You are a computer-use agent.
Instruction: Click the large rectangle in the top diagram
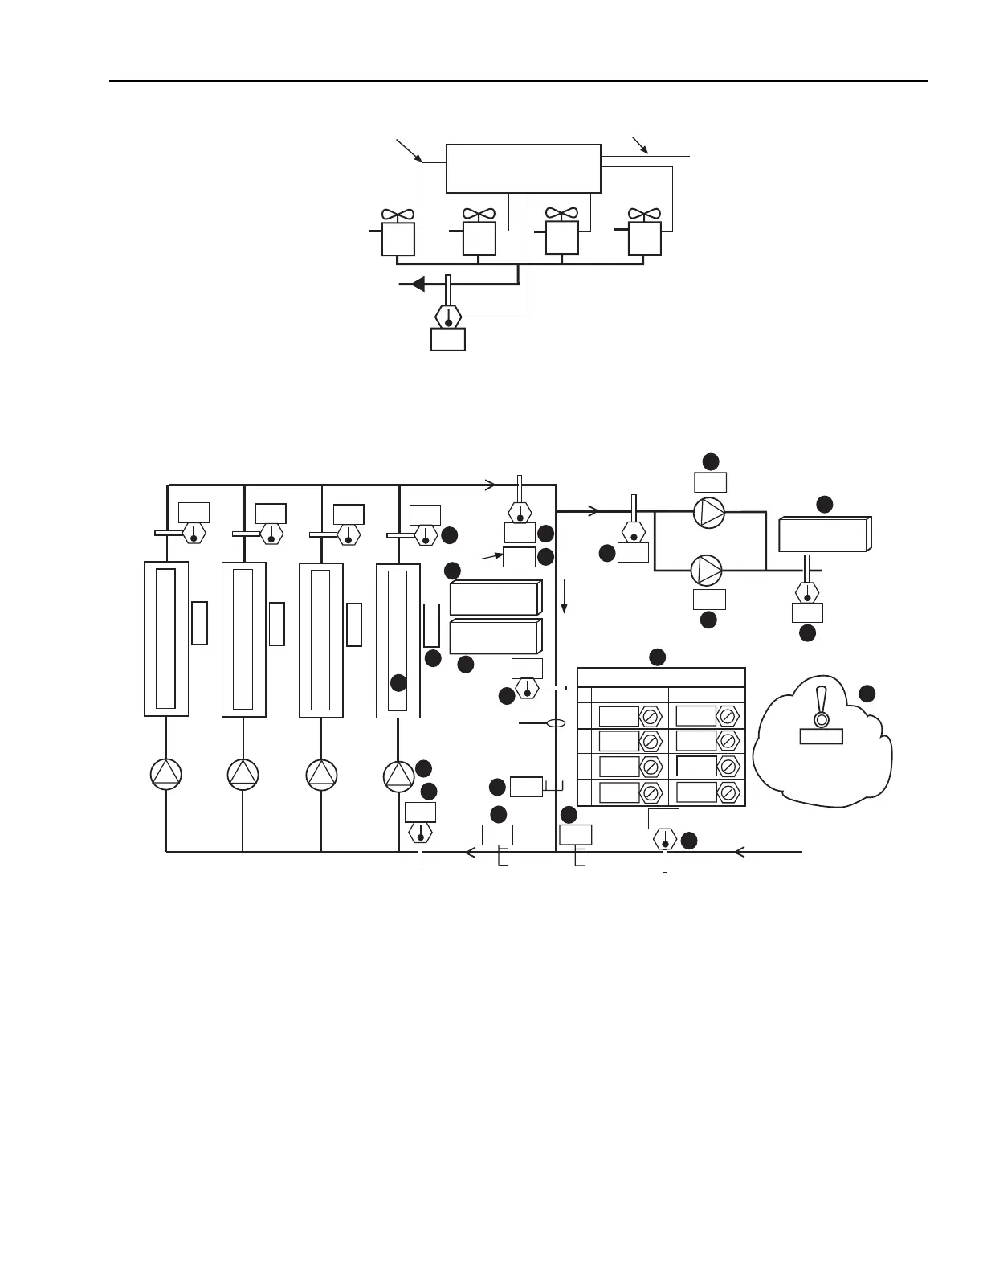click(523, 169)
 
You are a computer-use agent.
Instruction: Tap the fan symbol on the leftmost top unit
click(398, 215)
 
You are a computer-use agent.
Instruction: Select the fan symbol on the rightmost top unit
click(644, 215)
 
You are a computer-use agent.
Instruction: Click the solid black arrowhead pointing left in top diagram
click(417, 284)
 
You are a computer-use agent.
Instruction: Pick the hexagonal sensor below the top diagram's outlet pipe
click(448, 315)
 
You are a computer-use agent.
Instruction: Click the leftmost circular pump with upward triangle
click(166, 774)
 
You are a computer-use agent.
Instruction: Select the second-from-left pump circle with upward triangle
click(243, 774)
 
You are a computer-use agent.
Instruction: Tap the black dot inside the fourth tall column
click(398, 683)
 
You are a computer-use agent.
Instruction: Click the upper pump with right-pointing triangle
click(709, 512)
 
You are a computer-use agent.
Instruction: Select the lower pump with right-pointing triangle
click(707, 570)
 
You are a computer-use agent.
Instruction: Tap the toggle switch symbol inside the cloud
click(821, 709)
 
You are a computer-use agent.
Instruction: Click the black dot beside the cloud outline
click(867, 694)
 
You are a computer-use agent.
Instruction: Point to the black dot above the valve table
click(657, 657)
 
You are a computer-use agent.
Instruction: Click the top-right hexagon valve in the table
click(728, 715)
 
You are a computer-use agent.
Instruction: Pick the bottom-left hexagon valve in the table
click(651, 793)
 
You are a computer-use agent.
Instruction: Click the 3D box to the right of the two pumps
click(825, 534)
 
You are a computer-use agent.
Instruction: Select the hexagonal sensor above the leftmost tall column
click(194, 533)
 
